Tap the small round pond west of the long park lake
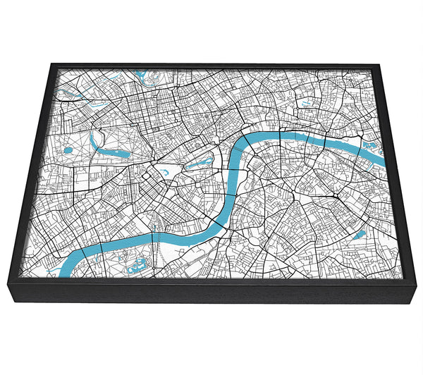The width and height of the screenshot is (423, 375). coord(68,149)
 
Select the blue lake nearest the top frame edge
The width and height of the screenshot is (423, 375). coord(141,73)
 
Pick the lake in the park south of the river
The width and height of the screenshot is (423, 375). coord(137,265)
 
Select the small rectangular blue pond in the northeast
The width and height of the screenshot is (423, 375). coord(307,104)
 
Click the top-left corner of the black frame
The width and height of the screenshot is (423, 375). coord(52,64)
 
